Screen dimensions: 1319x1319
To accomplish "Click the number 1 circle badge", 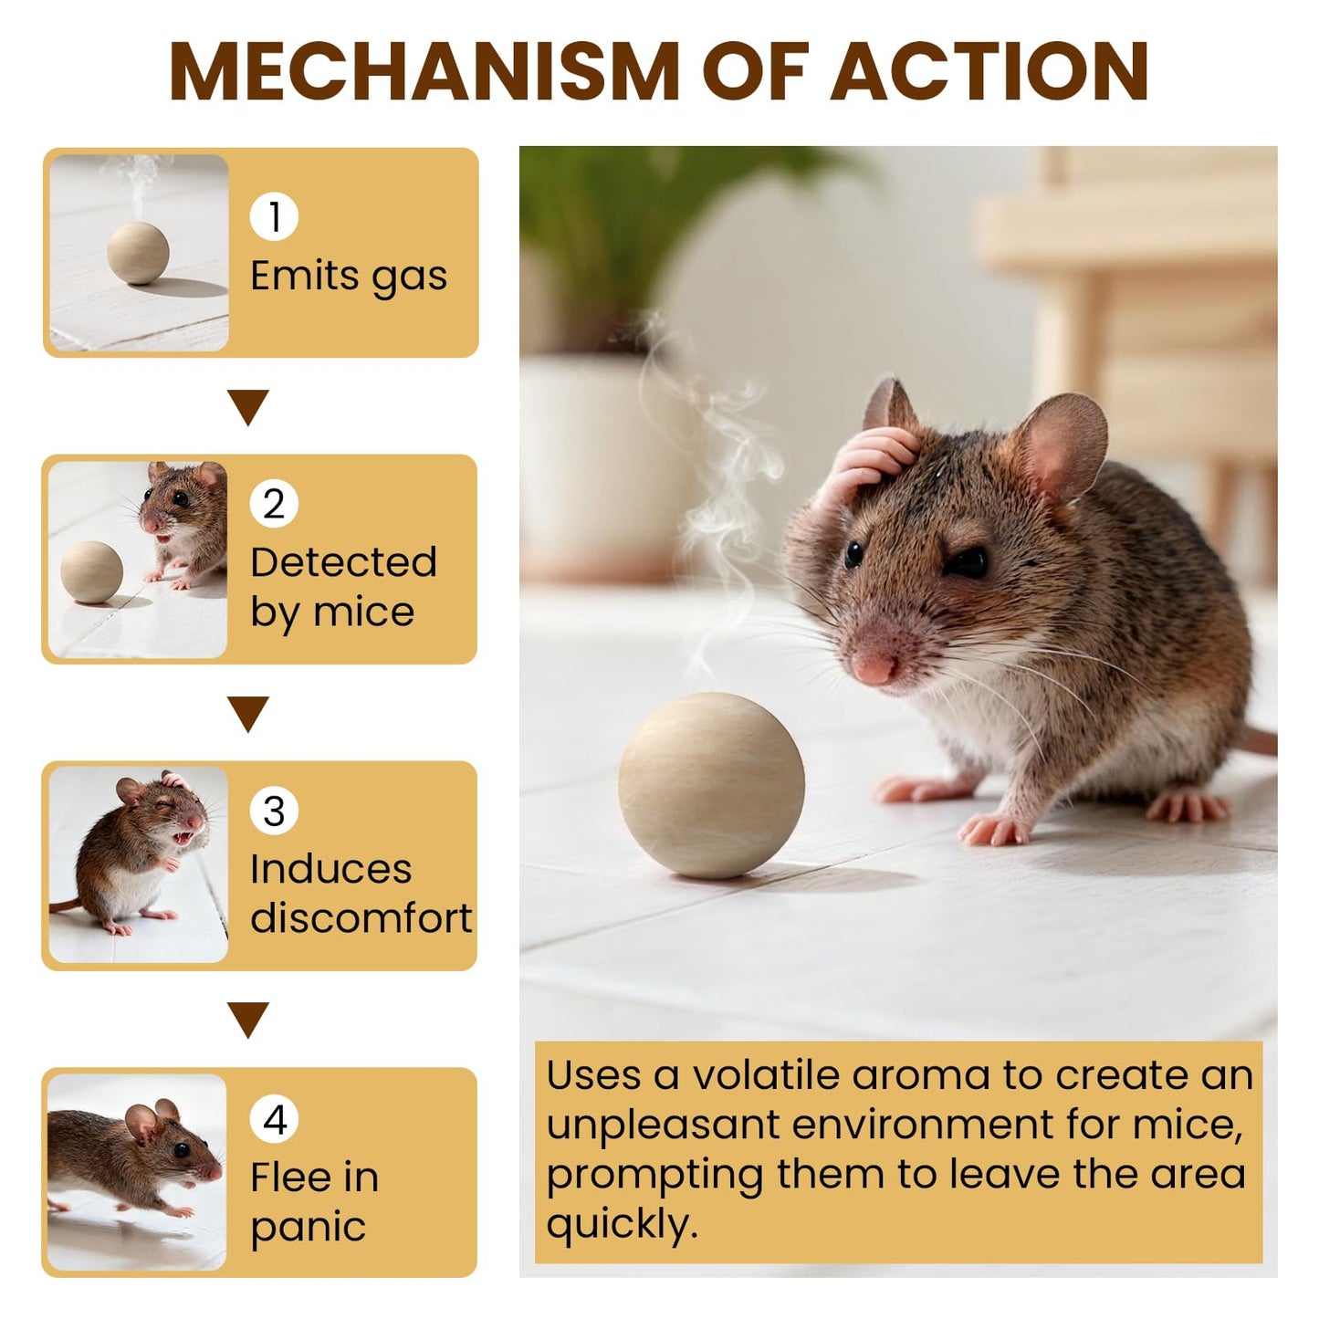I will tap(274, 217).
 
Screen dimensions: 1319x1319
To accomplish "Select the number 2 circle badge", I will tap(274, 504).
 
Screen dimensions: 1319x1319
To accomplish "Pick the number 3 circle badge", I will tap(274, 811).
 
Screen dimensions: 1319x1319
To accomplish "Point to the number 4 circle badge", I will tap(274, 1119).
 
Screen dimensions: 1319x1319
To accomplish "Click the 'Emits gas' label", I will tap(349, 277).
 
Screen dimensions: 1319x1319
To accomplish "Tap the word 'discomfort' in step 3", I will tap(361, 918).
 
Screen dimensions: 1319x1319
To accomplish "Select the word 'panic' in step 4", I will tap(309, 1228).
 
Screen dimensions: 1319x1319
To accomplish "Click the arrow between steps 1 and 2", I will tap(248, 406).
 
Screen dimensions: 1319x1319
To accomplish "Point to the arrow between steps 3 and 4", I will tap(248, 1019).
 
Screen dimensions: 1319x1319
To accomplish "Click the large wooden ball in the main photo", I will tap(711, 786).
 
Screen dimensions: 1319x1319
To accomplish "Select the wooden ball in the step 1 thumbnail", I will tap(138, 253).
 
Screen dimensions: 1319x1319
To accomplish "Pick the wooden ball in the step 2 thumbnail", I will tap(91, 572).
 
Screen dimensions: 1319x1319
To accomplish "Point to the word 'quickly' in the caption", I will tap(621, 1223).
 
